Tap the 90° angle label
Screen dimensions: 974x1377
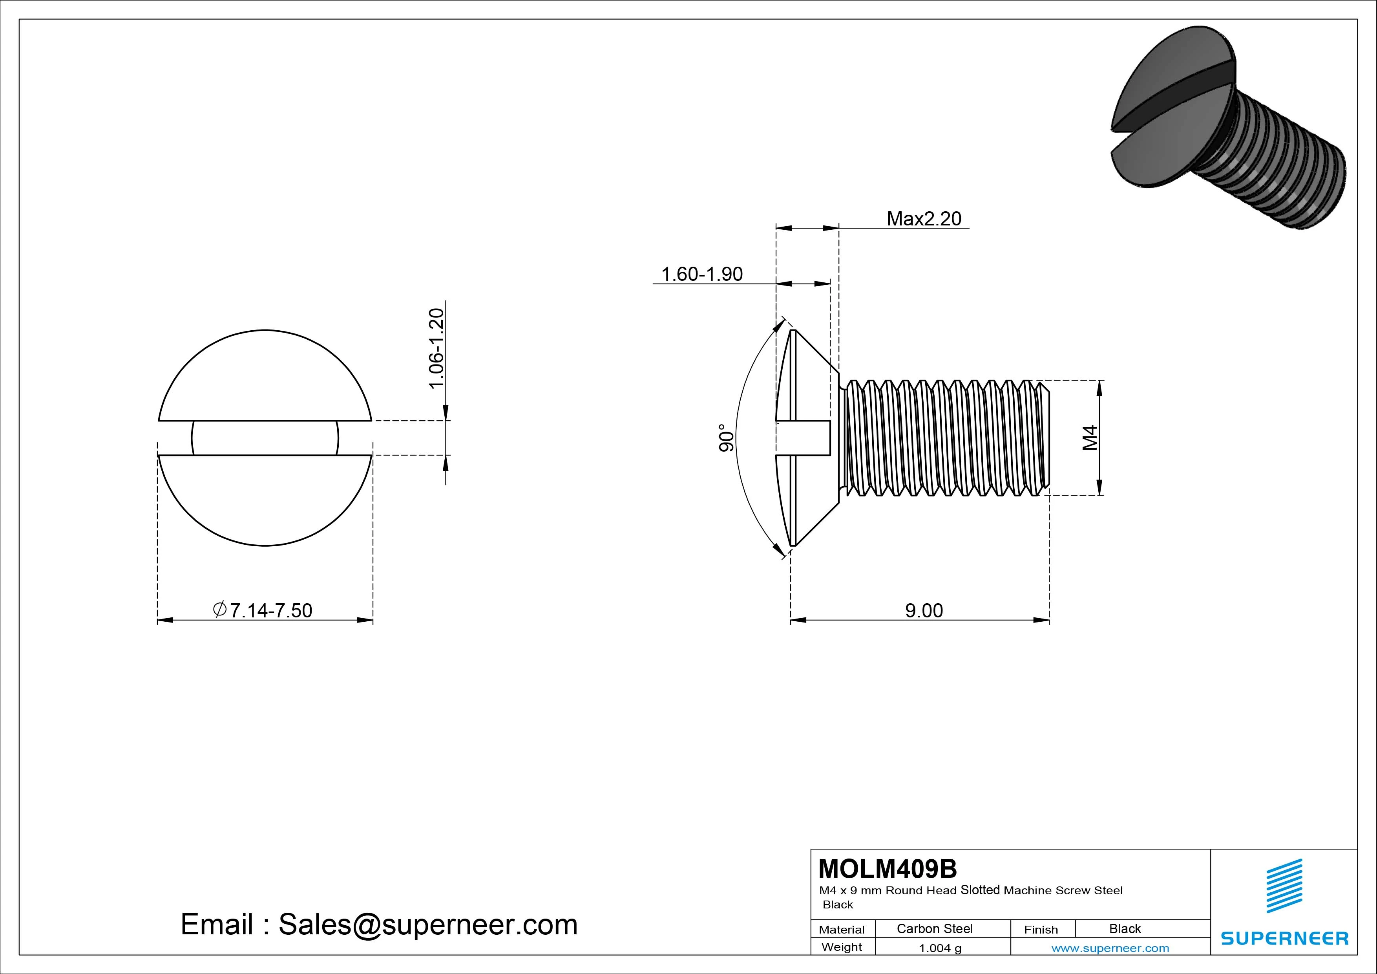[x=726, y=438]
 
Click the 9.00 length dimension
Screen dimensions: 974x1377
[x=924, y=610]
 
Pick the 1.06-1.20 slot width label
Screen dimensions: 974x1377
[x=436, y=348]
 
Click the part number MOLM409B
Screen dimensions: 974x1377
[x=887, y=868]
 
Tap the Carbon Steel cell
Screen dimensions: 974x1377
[x=934, y=928]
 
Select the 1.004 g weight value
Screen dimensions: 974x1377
[x=940, y=948]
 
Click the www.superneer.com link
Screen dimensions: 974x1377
[x=1110, y=948]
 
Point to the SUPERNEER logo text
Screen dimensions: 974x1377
[x=1284, y=938]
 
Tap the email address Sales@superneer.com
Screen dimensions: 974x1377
[x=427, y=924]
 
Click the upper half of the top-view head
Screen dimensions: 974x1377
[x=265, y=378]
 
